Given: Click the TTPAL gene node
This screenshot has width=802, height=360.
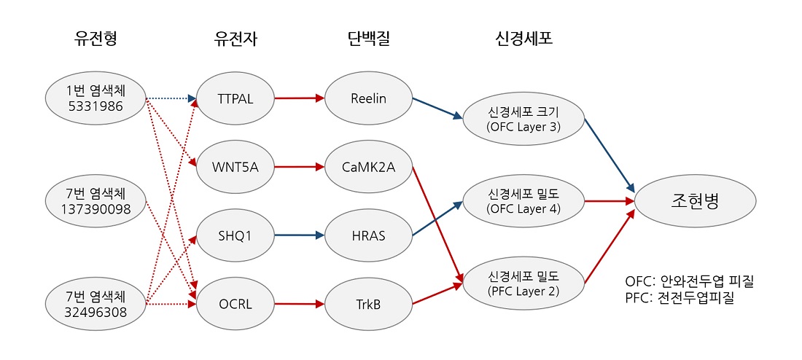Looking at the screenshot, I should point(235,98).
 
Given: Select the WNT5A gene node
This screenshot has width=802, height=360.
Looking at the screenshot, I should point(235,167).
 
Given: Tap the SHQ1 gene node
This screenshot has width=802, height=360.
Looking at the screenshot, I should point(235,235).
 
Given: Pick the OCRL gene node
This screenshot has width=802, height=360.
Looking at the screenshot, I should point(235,304).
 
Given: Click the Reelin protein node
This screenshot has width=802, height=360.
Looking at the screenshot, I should point(367,98).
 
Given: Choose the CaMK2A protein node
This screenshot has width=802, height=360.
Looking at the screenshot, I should point(367,167).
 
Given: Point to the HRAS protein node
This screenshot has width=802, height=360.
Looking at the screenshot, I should point(367,235).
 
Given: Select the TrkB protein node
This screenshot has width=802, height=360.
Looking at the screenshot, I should point(367,304).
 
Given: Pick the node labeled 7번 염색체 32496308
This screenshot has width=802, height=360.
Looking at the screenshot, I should point(96,304).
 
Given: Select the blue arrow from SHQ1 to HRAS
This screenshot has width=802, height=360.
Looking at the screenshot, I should point(299,235).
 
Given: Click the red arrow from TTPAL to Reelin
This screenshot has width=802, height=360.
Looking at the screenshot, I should point(299,98).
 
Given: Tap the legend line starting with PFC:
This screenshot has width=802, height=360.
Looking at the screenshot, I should point(680,297).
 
